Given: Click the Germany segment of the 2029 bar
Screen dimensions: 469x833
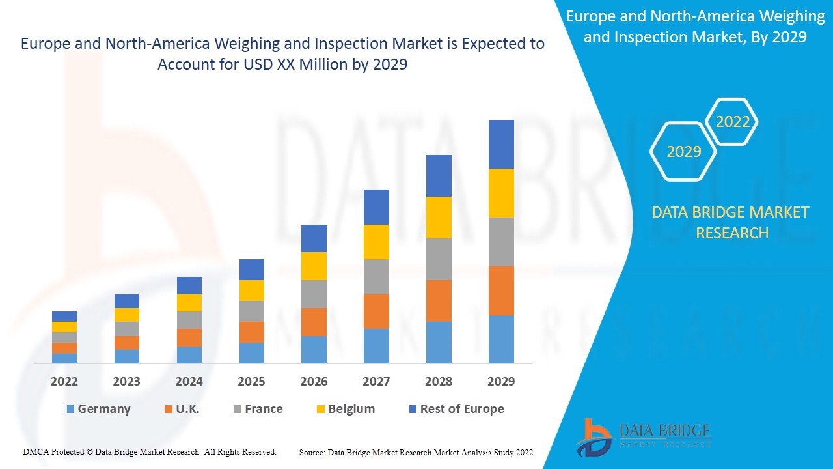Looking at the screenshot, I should coord(501,339).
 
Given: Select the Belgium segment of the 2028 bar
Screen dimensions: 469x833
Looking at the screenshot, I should coord(439,218).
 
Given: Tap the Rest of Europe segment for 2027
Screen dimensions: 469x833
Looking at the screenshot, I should coord(376,207).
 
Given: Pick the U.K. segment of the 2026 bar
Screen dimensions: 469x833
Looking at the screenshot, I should coord(314,322).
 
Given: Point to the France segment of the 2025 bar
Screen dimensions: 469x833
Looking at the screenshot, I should coord(252,311).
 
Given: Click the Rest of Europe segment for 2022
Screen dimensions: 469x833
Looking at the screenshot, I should coord(64,317).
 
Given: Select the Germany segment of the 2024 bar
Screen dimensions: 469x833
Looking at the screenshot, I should coord(189,354).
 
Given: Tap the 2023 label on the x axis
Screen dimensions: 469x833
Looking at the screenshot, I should coord(127,382).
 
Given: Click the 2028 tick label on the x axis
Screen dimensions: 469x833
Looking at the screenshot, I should coord(439,382).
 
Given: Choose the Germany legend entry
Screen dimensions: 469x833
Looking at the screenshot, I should coord(98,409).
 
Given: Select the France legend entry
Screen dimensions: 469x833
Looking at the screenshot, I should coord(258,409).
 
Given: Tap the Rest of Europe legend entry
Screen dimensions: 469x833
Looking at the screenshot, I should coord(456,409).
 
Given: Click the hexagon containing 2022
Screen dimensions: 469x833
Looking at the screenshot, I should coord(732,122).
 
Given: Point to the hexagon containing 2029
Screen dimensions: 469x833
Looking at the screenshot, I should coord(683,152).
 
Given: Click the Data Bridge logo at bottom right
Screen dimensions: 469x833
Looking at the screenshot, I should coord(643,436).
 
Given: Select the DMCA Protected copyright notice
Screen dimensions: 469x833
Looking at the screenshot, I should coord(150,451).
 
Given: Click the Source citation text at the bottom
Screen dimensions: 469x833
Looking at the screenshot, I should coord(416,452).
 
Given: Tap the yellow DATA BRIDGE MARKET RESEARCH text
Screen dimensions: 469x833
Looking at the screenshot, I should coord(731,222).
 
